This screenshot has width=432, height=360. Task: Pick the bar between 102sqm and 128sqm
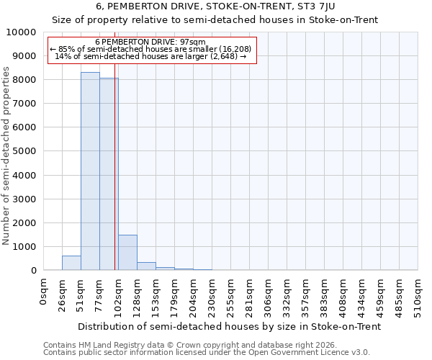click(x=127, y=253)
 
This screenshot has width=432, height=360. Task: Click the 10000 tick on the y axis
click(x=24, y=32)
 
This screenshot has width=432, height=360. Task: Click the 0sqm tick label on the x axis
click(x=44, y=293)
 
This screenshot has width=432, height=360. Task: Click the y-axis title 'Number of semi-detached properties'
click(x=6, y=156)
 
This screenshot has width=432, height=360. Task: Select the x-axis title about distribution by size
click(x=229, y=326)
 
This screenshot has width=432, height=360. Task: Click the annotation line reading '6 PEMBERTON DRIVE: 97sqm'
click(x=150, y=42)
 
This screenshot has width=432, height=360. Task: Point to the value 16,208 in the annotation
click(x=236, y=49)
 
